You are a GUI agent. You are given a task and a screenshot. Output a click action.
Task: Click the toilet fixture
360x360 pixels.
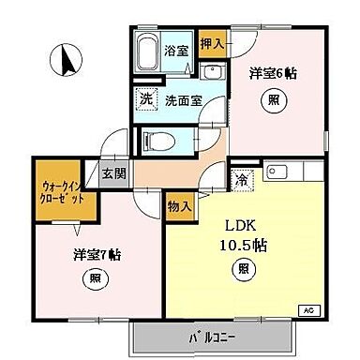click(x=160, y=142)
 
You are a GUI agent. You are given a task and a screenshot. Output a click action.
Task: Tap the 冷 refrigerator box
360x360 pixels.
click(x=242, y=179)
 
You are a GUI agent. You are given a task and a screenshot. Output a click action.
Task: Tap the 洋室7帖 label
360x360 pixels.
click(x=95, y=253)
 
